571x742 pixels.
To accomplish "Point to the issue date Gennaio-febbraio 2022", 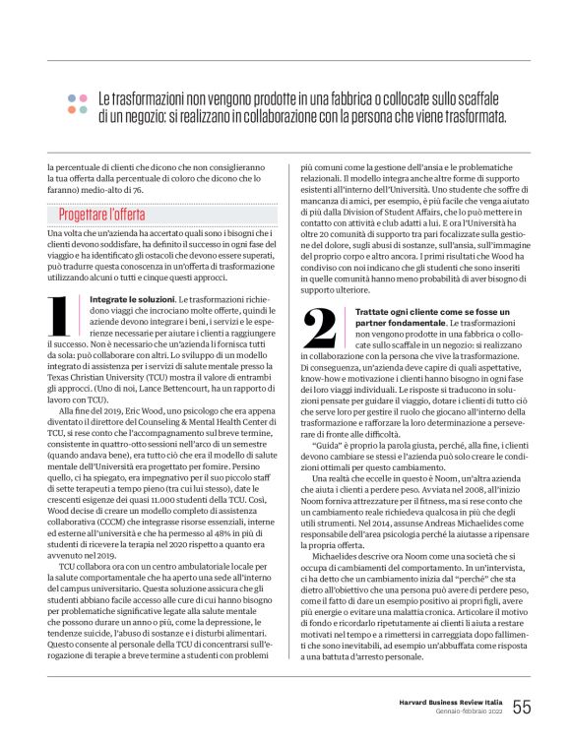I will pos(471,712).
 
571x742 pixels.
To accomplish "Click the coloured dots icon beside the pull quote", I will pos(77,102).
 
